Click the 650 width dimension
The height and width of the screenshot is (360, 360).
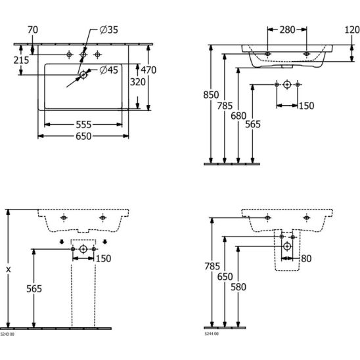point(83,136)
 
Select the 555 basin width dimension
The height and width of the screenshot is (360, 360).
point(83,125)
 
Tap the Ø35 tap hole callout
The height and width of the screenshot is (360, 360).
point(109,30)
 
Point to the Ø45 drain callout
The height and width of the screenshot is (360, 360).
point(109,70)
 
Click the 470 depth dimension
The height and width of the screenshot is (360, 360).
point(148,70)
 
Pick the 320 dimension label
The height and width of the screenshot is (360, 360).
point(138,81)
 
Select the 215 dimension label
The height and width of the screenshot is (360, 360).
point(22,60)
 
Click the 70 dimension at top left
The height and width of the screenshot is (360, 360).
point(33,30)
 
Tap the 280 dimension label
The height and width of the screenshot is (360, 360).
point(287,30)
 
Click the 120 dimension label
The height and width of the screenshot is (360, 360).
point(352,30)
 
